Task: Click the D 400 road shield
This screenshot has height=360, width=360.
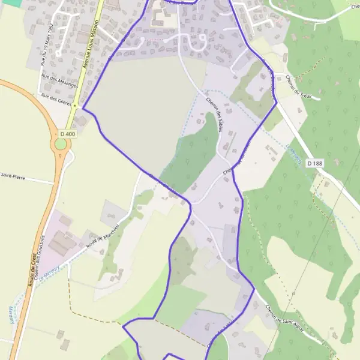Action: tap(68, 133)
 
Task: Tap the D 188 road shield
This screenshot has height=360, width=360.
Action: tap(314, 163)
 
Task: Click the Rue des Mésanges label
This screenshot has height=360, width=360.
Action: tap(60, 81)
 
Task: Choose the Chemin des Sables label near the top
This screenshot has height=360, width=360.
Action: tap(215, 114)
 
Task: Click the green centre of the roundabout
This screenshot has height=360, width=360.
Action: tap(61, 144)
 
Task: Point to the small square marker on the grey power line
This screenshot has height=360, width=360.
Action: tap(293, 294)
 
